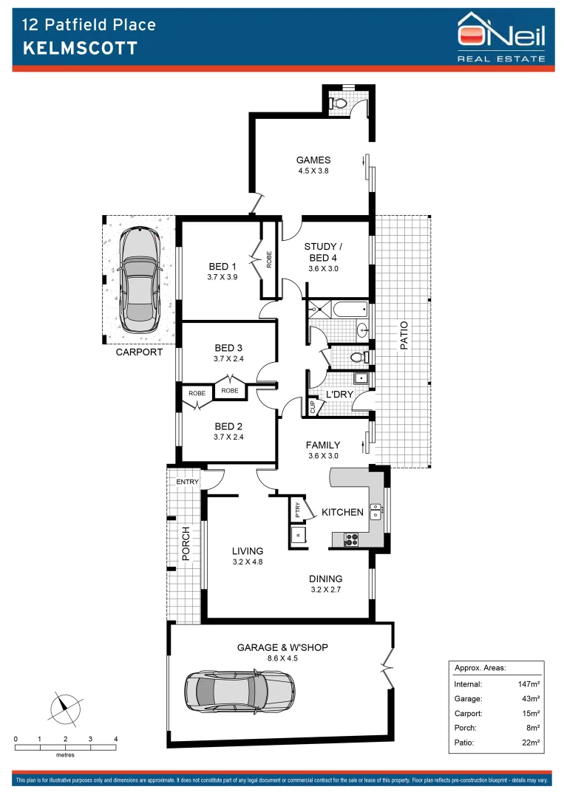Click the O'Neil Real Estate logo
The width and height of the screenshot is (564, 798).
coord(501,36)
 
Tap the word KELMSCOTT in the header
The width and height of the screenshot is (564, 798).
coord(81,49)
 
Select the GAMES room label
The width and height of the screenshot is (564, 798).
coord(313,160)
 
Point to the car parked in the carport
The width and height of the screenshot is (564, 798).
coord(140,280)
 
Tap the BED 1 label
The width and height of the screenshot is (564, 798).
coord(222,267)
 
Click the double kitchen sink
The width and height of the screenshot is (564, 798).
coord(376,511)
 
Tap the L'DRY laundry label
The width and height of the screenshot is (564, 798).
coord(339,395)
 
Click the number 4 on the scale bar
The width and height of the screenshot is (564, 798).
coord(115,739)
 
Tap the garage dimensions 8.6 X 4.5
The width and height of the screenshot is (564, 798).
coord(282,659)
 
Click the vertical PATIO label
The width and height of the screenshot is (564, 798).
coord(404,336)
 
